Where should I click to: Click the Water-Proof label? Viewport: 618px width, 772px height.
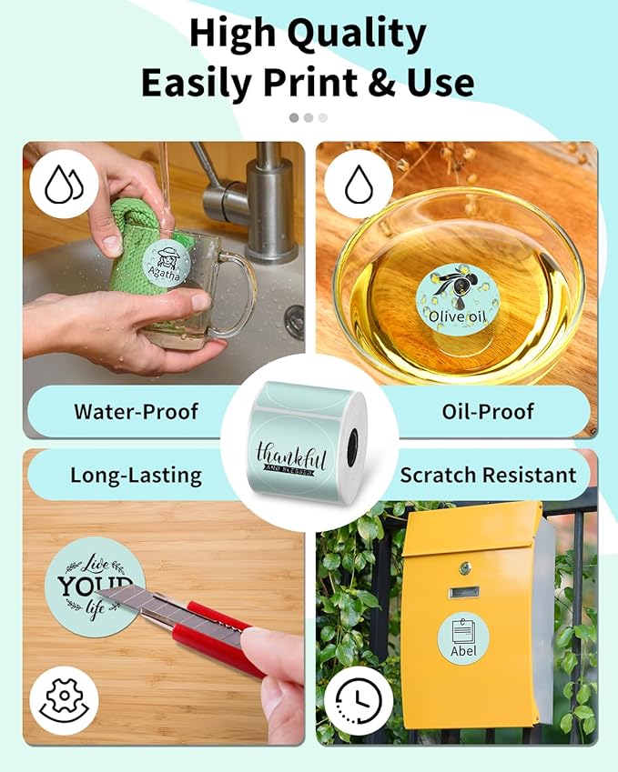(x=136, y=411)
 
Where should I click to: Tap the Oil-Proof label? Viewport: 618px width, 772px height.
(x=488, y=411)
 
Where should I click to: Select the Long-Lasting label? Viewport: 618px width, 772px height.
(x=136, y=475)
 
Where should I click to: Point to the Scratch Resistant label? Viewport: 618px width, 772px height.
(x=488, y=475)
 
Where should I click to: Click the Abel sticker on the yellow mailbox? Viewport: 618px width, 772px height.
(x=463, y=639)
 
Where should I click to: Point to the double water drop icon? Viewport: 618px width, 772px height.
(x=64, y=188)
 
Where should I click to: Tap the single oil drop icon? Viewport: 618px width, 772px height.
(x=355, y=188)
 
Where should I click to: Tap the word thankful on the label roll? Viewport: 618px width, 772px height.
(x=289, y=454)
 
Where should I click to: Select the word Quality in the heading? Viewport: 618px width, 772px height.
(x=356, y=35)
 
